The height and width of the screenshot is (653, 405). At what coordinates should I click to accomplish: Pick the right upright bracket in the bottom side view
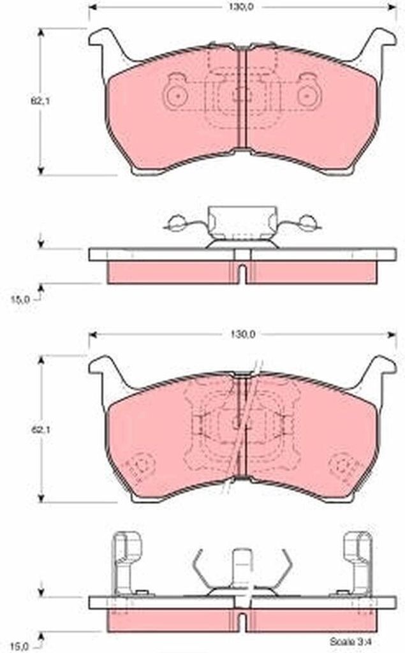pos(357,561)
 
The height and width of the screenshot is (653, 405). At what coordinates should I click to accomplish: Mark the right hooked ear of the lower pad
pos(379,370)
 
